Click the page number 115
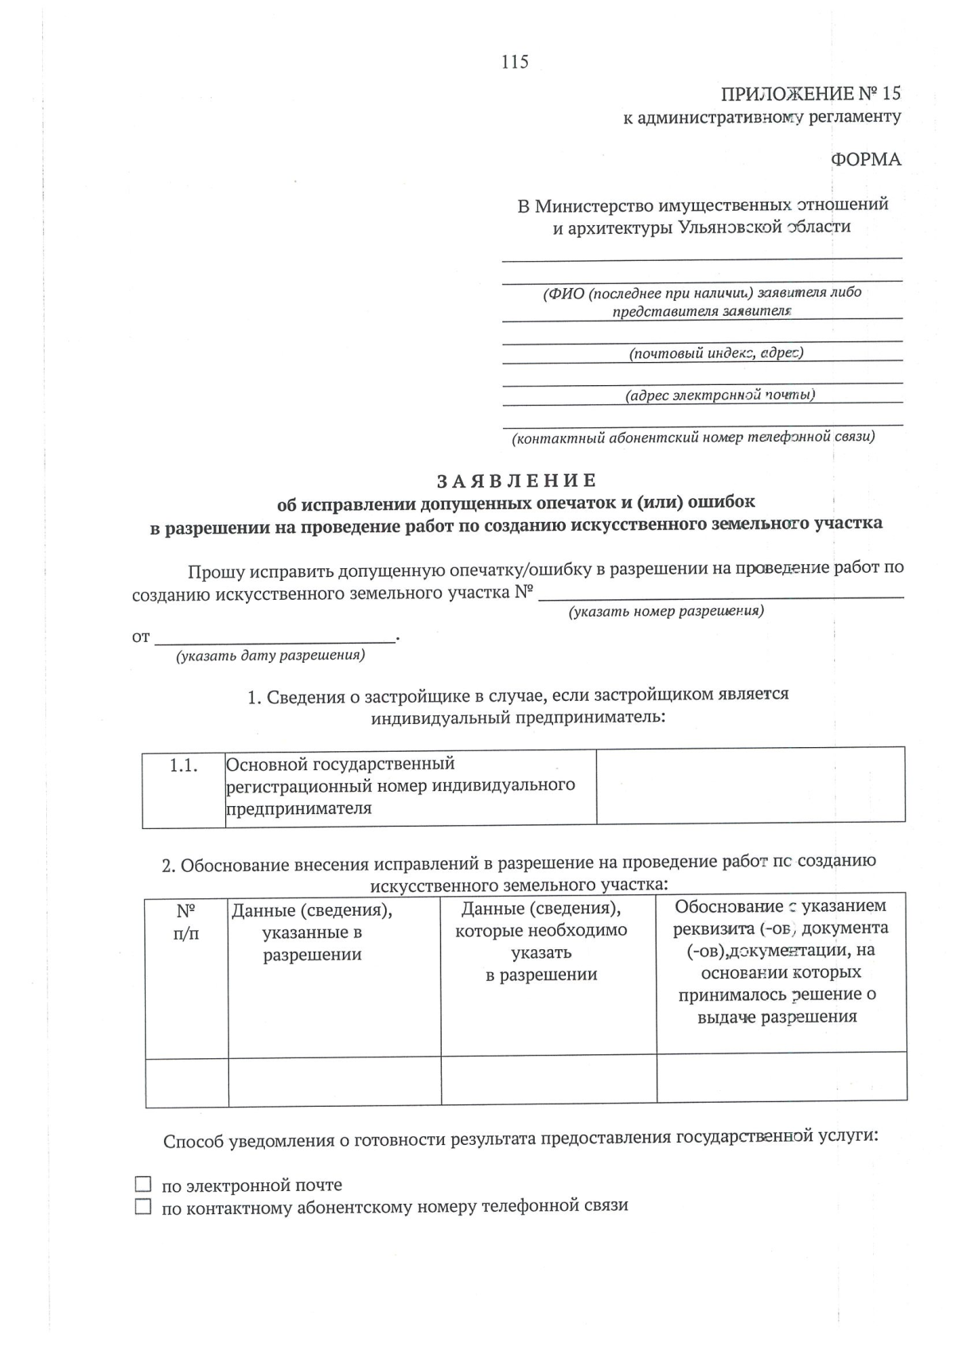[x=515, y=62]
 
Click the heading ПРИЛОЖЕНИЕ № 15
[x=810, y=94]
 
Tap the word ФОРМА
[x=866, y=160]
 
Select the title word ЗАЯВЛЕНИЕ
[x=516, y=481]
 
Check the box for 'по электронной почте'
[x=142, y=1184]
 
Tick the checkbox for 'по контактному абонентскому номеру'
[x=142, y=1206]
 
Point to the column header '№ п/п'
[x=186, y=921]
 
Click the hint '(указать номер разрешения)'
[x=665, y=611]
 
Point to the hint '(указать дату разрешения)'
[x=271, y=656]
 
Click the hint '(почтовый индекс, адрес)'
[x=716, y=352]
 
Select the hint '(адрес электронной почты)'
[x=719, y=395]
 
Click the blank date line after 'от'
[x=275, y=637]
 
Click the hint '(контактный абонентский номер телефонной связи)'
[x=693, y=437]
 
